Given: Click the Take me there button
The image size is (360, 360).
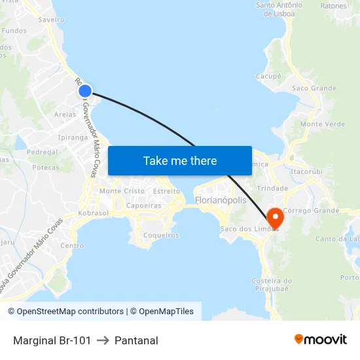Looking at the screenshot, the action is point(180,160).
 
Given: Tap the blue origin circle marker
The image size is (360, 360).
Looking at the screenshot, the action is point(85,92).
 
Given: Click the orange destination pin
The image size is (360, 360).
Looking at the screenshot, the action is point(274,218).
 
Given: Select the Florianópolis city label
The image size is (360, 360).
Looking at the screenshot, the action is point(221,200).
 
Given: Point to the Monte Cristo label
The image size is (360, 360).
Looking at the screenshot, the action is point(122,191).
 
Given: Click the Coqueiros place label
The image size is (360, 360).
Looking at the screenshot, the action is point(160,235).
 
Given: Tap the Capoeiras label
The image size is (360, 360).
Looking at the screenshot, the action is point(143,206).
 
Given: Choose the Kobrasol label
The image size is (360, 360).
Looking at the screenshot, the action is point(93,213).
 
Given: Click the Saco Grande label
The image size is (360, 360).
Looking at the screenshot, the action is point(314,88).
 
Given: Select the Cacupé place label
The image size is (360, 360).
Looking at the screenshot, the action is point(268,76).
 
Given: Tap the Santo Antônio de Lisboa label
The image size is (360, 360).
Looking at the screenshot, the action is point(279,9).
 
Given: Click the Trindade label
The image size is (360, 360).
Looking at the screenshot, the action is point(273,189).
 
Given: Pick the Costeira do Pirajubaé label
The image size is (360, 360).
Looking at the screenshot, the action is point(272,285).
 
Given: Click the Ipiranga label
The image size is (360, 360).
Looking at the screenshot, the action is point(73,138).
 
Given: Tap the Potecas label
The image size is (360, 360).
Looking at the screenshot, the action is point(46,168).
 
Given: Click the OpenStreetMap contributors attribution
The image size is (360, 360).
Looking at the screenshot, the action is point(65,312).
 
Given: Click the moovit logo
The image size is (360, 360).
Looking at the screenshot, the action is point(321,340).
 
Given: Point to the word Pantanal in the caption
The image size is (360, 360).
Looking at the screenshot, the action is point(136,340).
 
